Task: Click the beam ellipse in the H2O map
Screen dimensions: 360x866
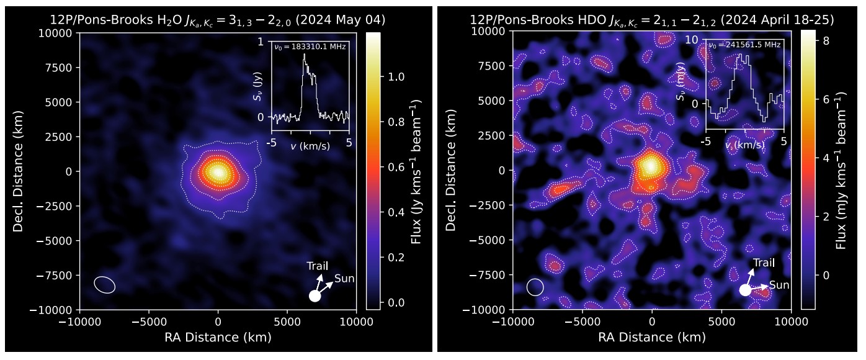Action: [105, 284]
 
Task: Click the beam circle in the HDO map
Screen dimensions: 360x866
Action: [535, 287]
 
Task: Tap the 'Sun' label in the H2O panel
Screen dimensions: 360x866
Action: [344, 279]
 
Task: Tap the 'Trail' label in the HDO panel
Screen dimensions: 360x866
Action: [764, 263]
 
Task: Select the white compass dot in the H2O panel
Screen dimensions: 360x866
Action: [315, 296]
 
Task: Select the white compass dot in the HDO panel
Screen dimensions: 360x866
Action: [745, 290]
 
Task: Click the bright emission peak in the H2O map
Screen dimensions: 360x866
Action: [217, 172]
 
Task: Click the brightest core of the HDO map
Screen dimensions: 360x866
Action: [649, 166]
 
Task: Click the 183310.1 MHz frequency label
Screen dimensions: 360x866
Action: [310, 47]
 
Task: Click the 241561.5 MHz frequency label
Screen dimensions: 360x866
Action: [744, 45]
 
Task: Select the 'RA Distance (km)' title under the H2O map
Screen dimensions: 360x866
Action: [218, 337]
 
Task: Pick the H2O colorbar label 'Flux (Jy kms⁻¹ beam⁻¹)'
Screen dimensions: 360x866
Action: [416, 171]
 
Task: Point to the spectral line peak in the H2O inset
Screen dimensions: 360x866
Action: [304, 55]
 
